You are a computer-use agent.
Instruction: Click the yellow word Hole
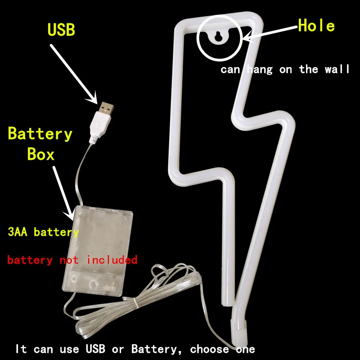pos(316,26)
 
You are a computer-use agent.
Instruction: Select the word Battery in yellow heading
pos(40,134)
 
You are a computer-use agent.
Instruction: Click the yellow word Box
pos(40,154)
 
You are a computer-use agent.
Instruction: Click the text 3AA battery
pos(43,232)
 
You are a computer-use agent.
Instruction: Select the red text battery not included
pos(72,260)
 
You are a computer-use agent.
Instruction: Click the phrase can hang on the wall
pos(285,69)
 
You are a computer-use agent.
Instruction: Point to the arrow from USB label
pos(74,70)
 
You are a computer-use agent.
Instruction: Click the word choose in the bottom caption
pos(209,349)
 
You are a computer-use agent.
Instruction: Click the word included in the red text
pos(112,260)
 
